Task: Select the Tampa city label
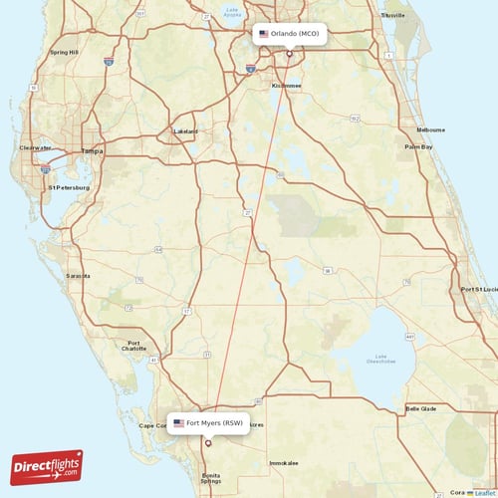pos(92,151)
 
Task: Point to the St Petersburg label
pos(70,186)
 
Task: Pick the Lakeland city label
pos(185,131)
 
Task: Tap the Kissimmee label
pos(287,86)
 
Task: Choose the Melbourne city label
pos(431,130)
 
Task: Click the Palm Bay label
pos(418,146)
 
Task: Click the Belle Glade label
pos(420,408)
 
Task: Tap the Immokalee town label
pos(284,463)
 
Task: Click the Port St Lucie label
pos(477,289)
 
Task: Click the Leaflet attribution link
pos(483,492)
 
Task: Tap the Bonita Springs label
pos(211,480)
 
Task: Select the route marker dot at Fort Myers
pos(208,443)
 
